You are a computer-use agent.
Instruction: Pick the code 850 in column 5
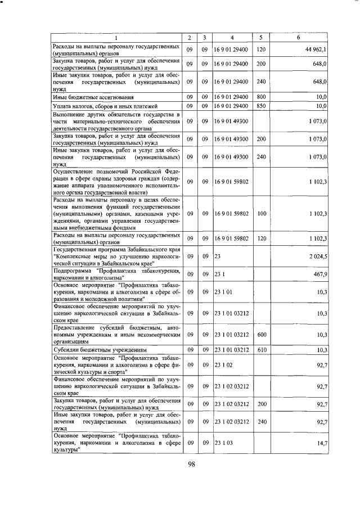(x=260, y=106)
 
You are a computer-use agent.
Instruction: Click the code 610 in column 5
(x=260, y=350)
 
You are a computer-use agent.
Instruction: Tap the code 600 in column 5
(x=260, y=335)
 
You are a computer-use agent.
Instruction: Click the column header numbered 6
(x=298, y=38)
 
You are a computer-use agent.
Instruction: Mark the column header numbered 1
(x=116, y=38)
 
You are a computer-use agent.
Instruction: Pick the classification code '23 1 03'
(x=223, y=443)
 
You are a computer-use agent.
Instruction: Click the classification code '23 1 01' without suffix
(x=223, y=292)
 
